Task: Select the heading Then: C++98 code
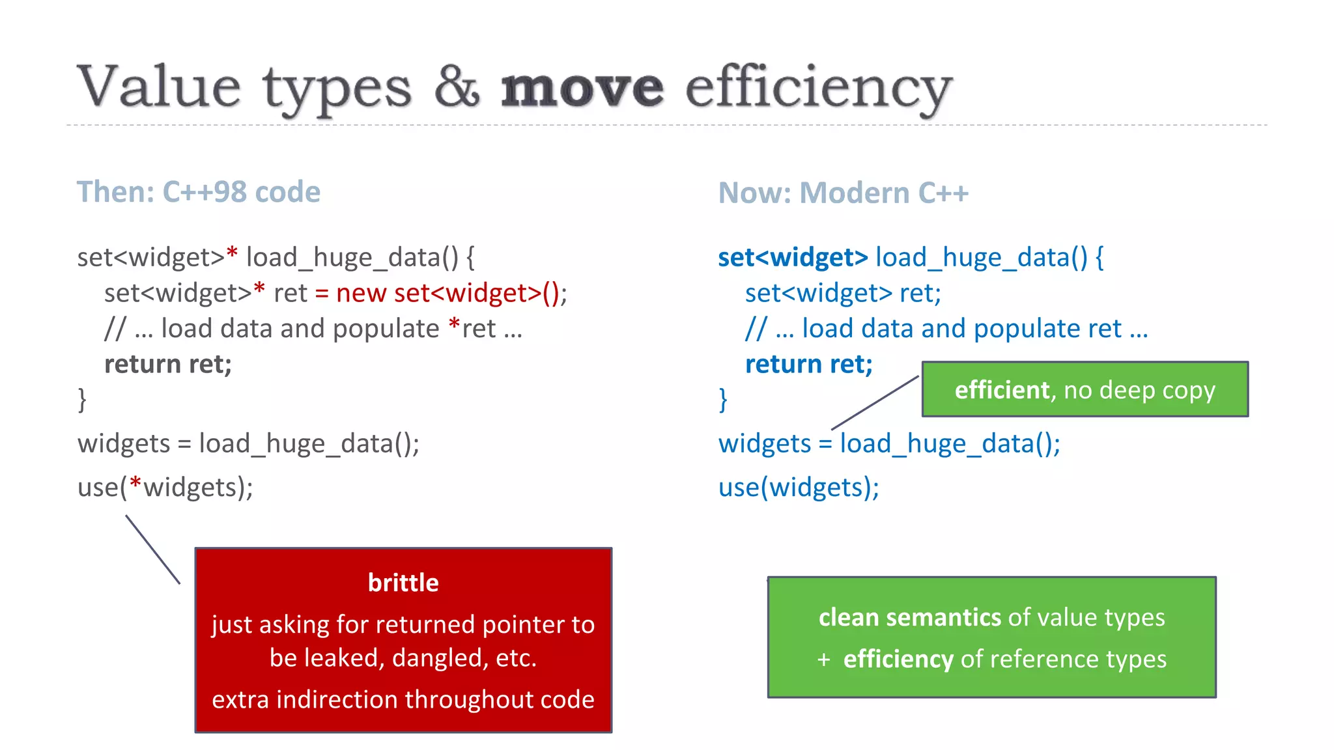pos(199,192)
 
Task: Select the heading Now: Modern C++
pos(843,193)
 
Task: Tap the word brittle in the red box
pos(403,583)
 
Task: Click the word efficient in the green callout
pos(1002,390)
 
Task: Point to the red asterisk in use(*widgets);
pos(135,484)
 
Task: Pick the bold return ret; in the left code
pos(168,364)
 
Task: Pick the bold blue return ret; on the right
pos(808,364)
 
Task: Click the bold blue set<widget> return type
pos(793,258)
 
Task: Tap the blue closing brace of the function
pos(723,399)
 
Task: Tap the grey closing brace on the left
pos(82,399)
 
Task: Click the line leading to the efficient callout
pos(875,402)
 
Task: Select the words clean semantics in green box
pos(909,617)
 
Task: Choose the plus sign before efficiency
pos(824,660)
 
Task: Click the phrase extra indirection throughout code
pos(403,699)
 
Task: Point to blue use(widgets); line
pos(799,488)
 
